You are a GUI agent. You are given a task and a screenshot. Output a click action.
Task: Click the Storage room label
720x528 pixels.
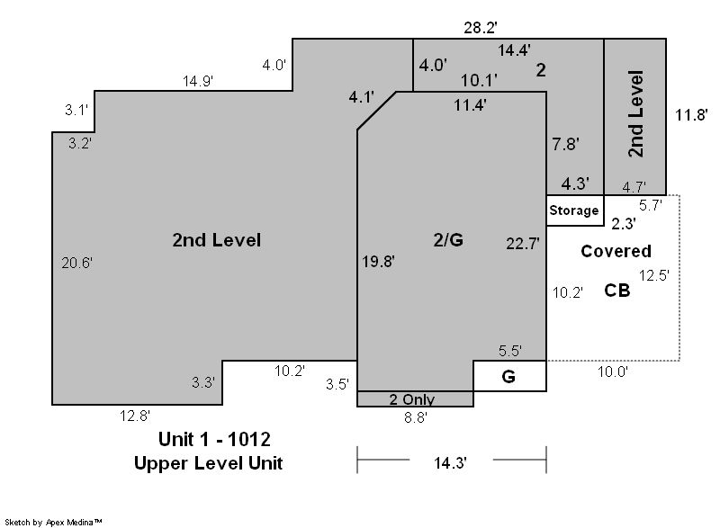574,210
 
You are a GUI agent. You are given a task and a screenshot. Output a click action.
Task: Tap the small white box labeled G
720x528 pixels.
509,376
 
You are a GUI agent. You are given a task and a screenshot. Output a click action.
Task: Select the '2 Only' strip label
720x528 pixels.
412,399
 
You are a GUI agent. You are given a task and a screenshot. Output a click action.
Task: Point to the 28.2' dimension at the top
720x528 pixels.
481,28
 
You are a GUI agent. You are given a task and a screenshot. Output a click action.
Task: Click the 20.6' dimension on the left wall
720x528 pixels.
77,263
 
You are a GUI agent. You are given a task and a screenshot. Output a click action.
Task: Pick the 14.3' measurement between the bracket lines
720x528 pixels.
451,463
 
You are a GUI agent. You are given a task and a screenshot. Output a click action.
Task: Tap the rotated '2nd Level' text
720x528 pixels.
636,113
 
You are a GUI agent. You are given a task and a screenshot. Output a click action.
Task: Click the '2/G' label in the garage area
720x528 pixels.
448,239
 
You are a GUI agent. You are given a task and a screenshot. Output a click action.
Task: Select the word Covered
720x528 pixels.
616,251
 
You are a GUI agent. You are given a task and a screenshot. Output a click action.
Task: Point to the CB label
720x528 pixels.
617,291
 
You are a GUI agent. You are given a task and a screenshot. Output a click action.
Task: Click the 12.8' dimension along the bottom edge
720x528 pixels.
135,416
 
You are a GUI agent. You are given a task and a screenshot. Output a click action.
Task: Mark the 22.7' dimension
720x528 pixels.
523,243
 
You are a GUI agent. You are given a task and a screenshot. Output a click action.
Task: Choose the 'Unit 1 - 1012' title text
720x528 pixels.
214,439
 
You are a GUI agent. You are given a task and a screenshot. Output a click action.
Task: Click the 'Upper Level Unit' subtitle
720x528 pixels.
208,463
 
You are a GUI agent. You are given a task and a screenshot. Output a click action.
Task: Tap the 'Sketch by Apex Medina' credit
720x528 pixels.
53,522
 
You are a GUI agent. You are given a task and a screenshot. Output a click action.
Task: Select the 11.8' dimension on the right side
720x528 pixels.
691,114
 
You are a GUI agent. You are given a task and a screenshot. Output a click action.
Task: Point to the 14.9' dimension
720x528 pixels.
198,81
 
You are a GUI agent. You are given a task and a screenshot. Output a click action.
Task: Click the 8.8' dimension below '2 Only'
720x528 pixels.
416,418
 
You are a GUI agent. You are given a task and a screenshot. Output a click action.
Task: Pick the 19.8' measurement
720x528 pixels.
378,262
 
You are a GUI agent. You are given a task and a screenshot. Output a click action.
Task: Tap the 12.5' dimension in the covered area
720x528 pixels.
654,275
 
